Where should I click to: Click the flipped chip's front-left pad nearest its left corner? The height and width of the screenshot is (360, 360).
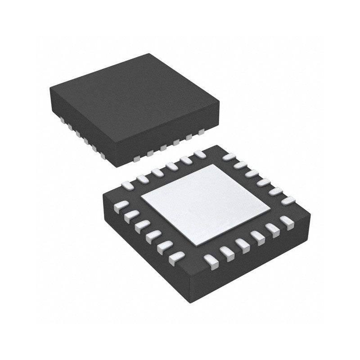pos(120,207)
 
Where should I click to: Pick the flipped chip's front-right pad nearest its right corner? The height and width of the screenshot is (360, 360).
pos(285,222)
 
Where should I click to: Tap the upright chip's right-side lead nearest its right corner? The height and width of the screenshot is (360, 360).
pos(201,131)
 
